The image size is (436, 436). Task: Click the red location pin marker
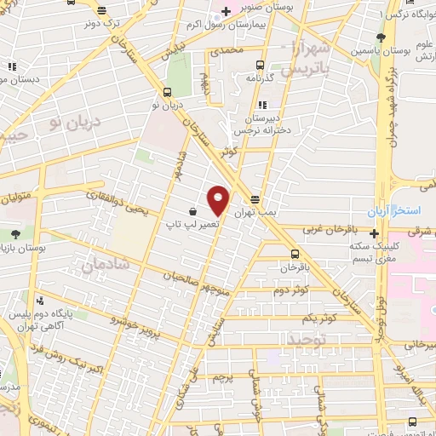(x=219, y=201)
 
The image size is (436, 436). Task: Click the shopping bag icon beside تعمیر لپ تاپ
(x=193, y=210)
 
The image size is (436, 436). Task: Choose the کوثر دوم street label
(x=290, y=290)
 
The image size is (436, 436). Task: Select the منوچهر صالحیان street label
(x=175, y=275)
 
